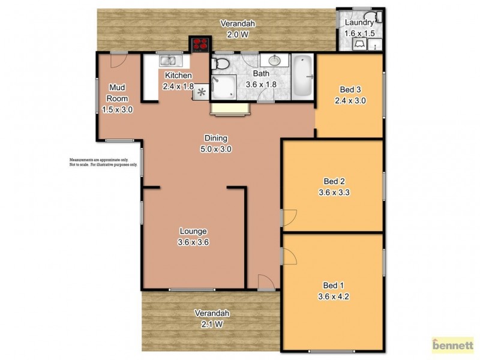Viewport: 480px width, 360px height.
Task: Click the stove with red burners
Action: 200,45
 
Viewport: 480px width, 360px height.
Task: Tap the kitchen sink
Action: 167,60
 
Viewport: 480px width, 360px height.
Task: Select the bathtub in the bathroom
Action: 301,77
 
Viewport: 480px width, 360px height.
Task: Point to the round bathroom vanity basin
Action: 275,61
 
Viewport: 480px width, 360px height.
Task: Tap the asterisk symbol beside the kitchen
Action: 202,92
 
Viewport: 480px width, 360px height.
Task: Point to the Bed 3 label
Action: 350,90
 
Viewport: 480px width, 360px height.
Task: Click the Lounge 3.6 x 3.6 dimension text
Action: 193,242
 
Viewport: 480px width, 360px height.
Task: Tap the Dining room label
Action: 217,138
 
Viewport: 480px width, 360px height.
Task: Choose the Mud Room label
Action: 117,93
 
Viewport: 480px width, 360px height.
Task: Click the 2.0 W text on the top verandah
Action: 238,34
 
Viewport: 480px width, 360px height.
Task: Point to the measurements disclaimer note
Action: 103,163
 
